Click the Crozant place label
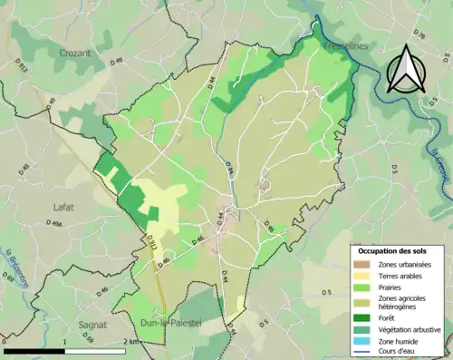74,54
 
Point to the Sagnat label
67,322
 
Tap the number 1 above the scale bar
64,342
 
